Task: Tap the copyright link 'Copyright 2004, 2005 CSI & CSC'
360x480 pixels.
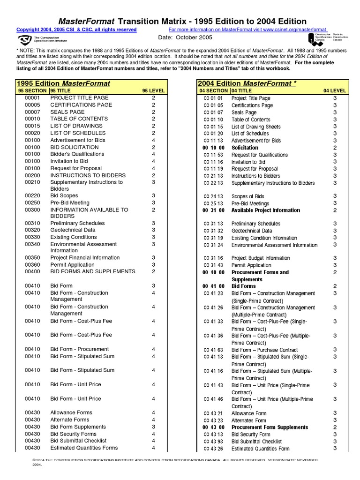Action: pos(76,30)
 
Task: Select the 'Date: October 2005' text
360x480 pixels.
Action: pos(185,37)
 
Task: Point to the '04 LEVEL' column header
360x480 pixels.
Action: pos(335,90)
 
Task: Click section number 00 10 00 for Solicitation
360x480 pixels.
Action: pos(213,148)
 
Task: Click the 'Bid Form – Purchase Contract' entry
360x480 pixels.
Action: pos(265,350)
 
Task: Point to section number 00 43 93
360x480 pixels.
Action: pos(213,442)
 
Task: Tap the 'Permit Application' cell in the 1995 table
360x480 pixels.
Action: pos(72,265)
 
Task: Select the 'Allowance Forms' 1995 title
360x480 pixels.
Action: pos(71,412)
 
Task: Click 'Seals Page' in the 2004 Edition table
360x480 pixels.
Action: pos(244,112)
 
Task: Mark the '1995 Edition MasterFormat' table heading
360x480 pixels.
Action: pos(63,83)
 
